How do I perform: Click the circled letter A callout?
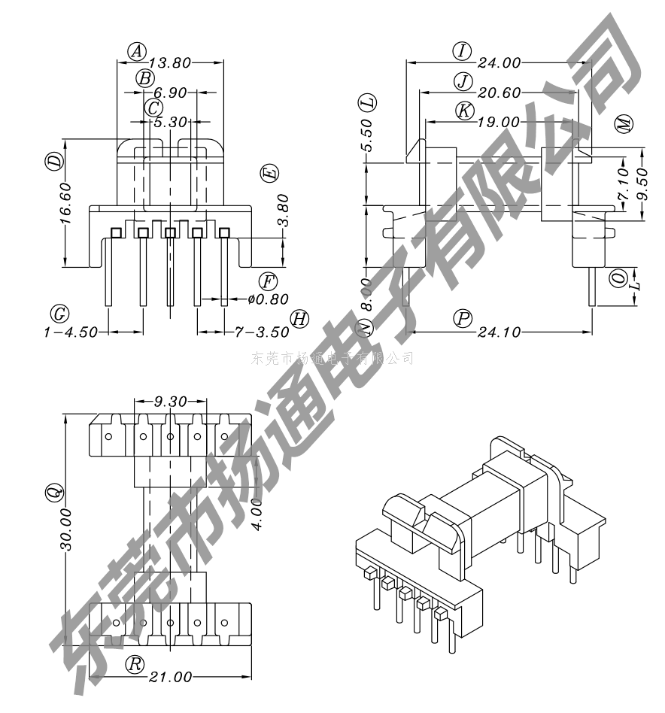136,51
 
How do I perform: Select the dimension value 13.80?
171,63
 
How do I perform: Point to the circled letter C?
153,108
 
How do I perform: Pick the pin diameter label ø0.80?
268,299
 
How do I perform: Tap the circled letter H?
299,318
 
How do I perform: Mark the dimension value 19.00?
497,122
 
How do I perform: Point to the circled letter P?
463,318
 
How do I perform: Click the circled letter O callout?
618,278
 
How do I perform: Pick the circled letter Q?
53,494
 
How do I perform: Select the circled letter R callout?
135,664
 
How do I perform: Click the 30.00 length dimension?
65,530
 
